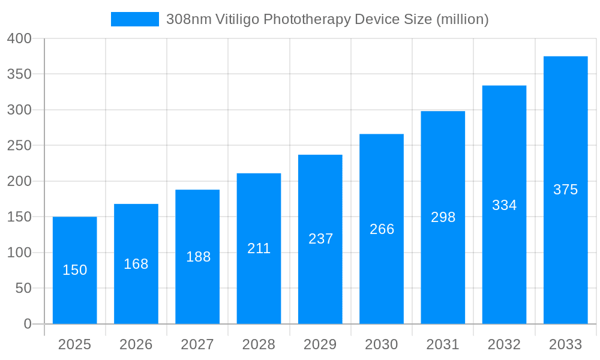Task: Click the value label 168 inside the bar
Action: tap(136, 264)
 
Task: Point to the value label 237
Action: tap(320, 239)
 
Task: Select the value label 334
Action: tap(504, 205)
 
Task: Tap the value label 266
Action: tap(382, 229)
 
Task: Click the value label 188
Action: tap(198, 257)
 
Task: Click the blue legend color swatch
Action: tap(135, 19)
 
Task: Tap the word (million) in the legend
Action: tap(462, 19)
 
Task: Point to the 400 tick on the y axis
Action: tap(19, 38)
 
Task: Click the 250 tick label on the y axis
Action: tap(19, 145)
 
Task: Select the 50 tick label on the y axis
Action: tap(23, 288)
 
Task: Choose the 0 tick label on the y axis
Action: tap(28, 324)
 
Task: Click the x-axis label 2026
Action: tap(136, 344)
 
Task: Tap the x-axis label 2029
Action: tap(320, 344)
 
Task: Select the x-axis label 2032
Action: tap(504, 344)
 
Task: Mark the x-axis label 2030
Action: tap(382, 344)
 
